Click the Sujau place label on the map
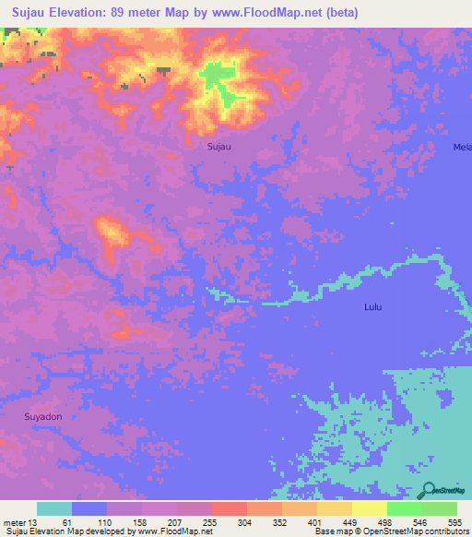point(218,146)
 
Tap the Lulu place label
point(372,306)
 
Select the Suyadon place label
point(42,416)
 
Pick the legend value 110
point(105,522)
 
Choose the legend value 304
point(246,522)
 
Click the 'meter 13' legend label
point(19,522)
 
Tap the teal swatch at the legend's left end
point(54,508)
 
